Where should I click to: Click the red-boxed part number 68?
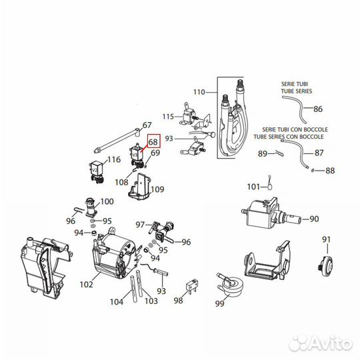[x=153, y=142]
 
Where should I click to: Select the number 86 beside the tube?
[x=318, y=109]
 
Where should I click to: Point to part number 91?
[x=326, y=239]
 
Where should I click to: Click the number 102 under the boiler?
[x=86, y=284]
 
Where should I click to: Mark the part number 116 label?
[x=114, y=159]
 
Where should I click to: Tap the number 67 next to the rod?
[x=148, y=125]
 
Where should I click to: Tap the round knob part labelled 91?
[x=326, y=263]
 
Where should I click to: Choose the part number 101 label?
[x=253, y=186]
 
